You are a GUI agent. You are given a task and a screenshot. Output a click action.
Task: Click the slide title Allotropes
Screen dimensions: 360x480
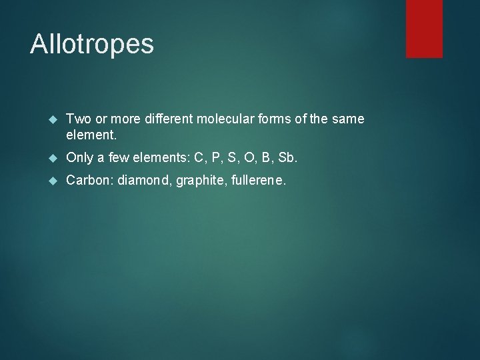(92, 44)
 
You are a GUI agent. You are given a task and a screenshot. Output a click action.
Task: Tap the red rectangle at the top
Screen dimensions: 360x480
(424, 28)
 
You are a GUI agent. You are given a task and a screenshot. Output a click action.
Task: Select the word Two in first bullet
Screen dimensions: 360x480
(78, 119)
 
